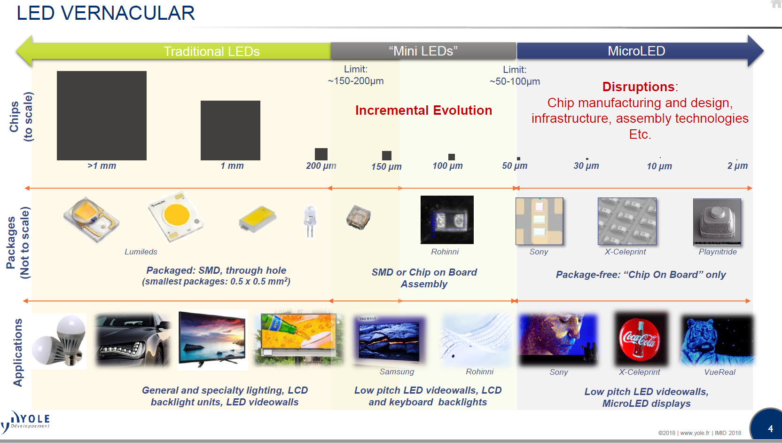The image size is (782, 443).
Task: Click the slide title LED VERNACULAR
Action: point(106,13)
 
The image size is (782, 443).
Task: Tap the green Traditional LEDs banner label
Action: point(211,51)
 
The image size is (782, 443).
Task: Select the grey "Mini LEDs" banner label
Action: point(423,51)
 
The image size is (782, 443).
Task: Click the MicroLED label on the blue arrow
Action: point(636,51)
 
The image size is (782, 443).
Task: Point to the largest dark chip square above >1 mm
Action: point(102,115)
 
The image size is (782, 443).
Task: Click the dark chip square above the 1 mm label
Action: point(230,130)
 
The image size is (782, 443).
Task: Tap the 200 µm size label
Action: point(321,166)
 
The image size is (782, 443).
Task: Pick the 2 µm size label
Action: point(737,166)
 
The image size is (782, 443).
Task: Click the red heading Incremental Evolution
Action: point(423,110)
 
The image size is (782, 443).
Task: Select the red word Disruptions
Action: point(638,87)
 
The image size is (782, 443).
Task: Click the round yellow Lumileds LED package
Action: point(176,216)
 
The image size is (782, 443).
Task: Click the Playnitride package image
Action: point(717,221)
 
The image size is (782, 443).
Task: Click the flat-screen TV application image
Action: point(212,340)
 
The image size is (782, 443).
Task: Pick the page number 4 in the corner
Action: point(770,428)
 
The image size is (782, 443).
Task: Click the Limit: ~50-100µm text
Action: point(515,75)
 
